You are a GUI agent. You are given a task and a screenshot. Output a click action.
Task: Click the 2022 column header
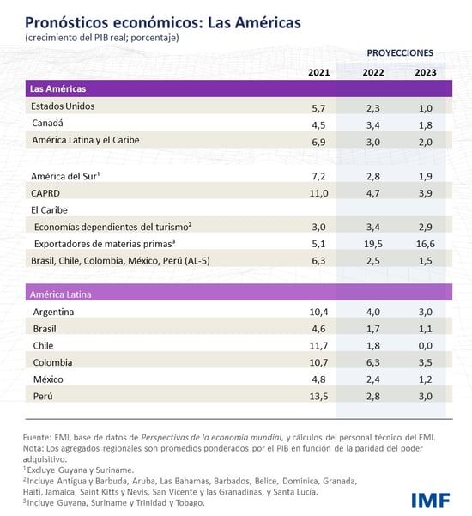pyautogui.click(x=373, y=72)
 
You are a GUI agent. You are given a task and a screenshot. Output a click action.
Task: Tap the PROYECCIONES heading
pyautogui.click(x=399, y=52)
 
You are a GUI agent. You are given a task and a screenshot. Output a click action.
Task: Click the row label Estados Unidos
pyautogui.click(x=63, y=106)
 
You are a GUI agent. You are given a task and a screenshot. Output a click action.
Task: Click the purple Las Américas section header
pyautogui.click(x=236, y=88)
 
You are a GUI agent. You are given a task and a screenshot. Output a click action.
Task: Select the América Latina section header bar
pyautogui.click(x=236, y=294)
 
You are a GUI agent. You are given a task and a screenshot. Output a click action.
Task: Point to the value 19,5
pyautogui.click(x=373, y=243)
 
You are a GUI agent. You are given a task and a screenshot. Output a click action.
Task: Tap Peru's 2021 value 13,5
pyautogui.click(x=318, y=396)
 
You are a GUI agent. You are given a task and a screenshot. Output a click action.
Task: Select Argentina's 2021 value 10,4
pyautogui.click(x=318, y=311)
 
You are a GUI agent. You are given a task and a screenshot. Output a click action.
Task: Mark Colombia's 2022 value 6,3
pyautogui.click(x=373, y=362)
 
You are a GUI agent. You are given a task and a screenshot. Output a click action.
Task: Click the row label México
pyautogui.click(x=50, y=379)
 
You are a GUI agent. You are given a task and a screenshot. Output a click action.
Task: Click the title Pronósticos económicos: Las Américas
pyautogui.click(x=162, y=21)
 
